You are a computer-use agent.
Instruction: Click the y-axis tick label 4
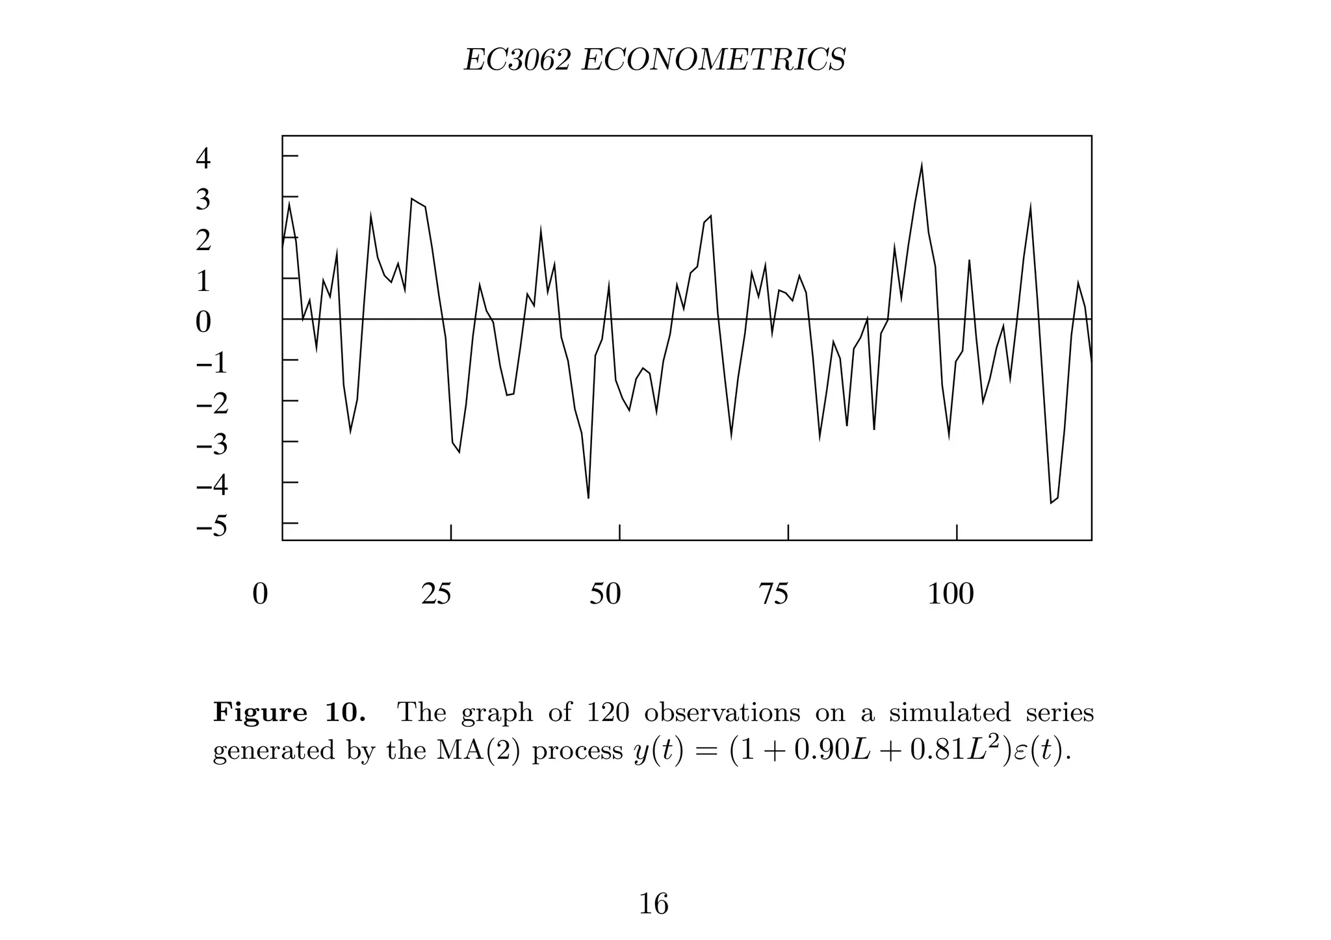pos(203,159)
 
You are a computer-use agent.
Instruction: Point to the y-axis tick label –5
pos(212,526)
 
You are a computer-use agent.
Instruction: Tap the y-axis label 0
pos(203,322)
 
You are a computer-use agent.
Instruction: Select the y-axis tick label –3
pos(212,444)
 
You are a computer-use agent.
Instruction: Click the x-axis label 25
pos(436,594)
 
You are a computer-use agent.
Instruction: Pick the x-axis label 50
pos(605,594)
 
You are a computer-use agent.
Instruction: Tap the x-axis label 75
pos(773,594)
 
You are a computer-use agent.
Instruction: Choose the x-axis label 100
pos(950,594)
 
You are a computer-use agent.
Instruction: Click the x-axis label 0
pos(260,594)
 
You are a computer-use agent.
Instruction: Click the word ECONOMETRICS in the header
pos(713,60)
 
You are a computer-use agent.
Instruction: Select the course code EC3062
pos(517,60)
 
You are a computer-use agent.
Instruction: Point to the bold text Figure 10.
pos(289,713)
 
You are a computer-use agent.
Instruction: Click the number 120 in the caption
pos(608,713)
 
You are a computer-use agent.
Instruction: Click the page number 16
pos(653,904)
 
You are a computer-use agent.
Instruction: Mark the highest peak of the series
pos(922,166)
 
